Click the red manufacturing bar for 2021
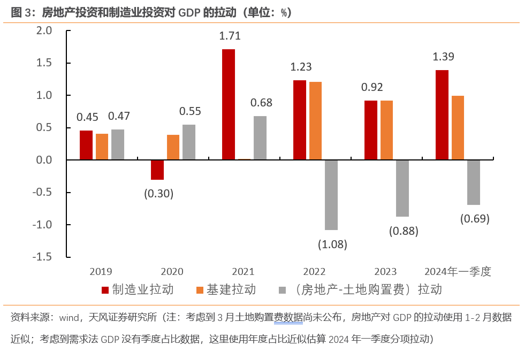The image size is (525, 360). click(229, 104)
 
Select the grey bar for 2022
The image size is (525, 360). click(331, 195)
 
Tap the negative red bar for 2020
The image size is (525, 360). click(157, 170)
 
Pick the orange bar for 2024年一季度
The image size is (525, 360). click(458, 128)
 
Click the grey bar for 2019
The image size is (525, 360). click(118, 144)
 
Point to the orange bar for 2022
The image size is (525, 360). click(316, 121)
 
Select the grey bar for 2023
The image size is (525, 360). click(402, 188)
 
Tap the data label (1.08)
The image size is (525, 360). click(332, 244)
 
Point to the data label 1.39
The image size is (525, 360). click(443, 57)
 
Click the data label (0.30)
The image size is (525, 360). click(158, 194)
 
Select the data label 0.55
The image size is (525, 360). click(189, 111)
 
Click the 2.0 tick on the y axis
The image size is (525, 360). click(44, 30)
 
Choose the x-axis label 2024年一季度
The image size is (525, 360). click(458, 272)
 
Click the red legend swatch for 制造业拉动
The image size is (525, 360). click(105, 290)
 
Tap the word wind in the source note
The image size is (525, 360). click(68, 317)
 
